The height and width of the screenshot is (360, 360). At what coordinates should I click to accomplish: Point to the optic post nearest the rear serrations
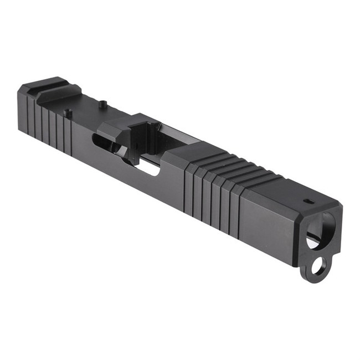[x=68, y=113]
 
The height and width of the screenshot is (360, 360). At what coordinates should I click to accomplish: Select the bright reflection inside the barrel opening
[x=313, y=240]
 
